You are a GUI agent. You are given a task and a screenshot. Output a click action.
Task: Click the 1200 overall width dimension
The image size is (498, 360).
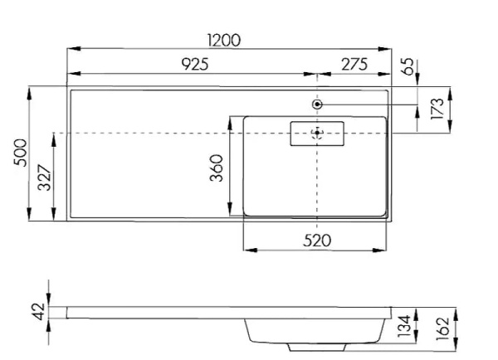coord(225,40)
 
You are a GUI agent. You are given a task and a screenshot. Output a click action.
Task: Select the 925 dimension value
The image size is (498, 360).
coord(190,64)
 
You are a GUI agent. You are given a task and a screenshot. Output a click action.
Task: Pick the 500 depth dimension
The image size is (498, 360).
coord(21,153)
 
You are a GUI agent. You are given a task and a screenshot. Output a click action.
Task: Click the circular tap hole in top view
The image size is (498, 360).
coord(317,104)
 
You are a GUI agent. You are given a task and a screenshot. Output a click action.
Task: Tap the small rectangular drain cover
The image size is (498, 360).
coord(316,133)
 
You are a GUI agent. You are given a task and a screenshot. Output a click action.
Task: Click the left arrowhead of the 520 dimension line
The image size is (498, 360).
coord(244,250)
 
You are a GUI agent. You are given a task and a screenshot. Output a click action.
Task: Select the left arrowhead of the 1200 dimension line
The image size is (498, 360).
coord(71,50)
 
